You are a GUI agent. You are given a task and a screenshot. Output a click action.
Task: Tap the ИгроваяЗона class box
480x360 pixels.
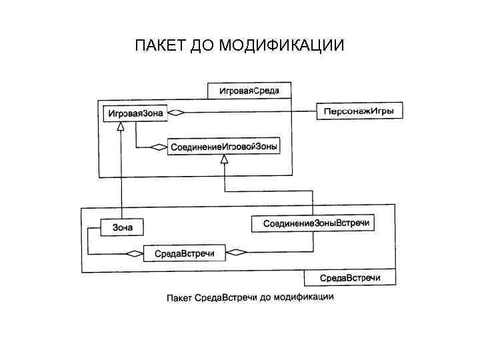135,113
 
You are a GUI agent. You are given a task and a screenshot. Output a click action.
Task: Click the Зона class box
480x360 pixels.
121,227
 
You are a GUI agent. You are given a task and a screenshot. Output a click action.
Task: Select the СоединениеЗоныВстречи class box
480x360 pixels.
313,223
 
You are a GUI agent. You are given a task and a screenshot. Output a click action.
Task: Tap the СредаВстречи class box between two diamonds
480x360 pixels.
184,253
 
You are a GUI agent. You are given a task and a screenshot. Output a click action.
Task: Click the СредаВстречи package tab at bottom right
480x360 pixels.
349,277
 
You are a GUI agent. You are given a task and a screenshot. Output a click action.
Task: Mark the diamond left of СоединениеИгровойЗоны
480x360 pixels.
159,146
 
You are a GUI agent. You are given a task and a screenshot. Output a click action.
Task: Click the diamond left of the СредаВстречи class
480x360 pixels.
135,253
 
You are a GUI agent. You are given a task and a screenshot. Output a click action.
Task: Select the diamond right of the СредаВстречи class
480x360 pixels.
237,252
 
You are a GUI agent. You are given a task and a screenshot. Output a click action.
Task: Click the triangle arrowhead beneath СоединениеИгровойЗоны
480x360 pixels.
225,159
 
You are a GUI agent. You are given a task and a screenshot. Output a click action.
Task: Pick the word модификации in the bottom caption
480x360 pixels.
306,297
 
